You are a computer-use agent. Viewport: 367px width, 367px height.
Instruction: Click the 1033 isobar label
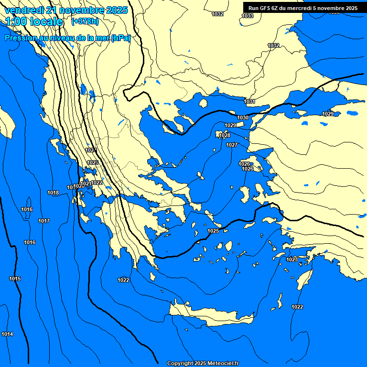pos(248,16)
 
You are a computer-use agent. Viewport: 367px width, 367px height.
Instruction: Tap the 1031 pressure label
pos(249,102)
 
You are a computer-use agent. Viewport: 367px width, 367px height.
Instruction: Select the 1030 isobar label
pos(243,118)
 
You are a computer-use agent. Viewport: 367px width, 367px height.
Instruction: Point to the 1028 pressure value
pos(225,136)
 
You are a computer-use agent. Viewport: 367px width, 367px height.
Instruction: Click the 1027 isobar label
pos(232,145)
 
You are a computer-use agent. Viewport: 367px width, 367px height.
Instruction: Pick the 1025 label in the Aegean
pos(213,231)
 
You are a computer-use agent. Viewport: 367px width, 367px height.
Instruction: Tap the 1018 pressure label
pos(53,193)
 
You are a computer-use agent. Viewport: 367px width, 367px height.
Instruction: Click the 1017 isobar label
pos(44,221)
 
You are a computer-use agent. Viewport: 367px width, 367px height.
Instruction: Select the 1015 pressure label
pos(15,279)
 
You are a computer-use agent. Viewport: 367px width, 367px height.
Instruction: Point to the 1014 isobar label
pos(7,334)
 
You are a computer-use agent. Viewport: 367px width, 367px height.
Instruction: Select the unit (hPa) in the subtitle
pos(120,38)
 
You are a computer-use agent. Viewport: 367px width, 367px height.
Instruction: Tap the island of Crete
pos(210,315)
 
